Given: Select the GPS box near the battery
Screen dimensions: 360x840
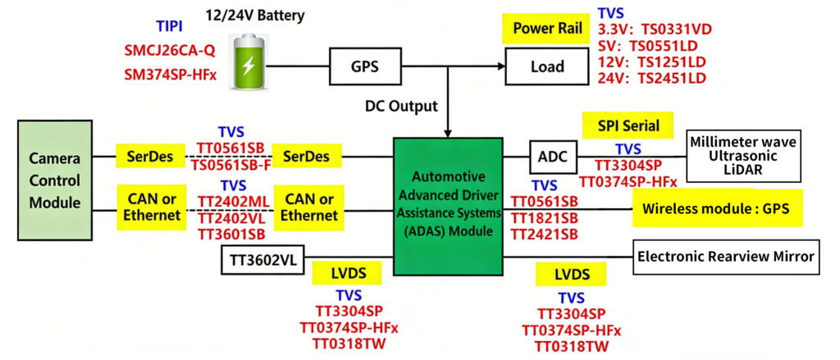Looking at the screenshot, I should pos(364,65).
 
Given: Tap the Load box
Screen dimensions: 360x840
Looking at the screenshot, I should pos(547,66).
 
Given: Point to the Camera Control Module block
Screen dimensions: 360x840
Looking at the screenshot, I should pos(55,180).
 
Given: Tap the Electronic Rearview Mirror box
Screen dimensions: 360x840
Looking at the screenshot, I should pos(726,257).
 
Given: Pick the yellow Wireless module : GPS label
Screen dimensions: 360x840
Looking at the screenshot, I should pos(717,210).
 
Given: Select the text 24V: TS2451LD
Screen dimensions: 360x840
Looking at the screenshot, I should pos(652,79).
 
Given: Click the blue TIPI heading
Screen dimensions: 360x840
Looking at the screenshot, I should pos(170,27).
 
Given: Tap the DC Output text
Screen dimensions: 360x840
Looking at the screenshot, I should pos(401,107).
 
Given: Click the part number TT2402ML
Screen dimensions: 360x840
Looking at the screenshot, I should pos(231,200).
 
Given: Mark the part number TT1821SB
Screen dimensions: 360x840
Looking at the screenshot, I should pos(544,217).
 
